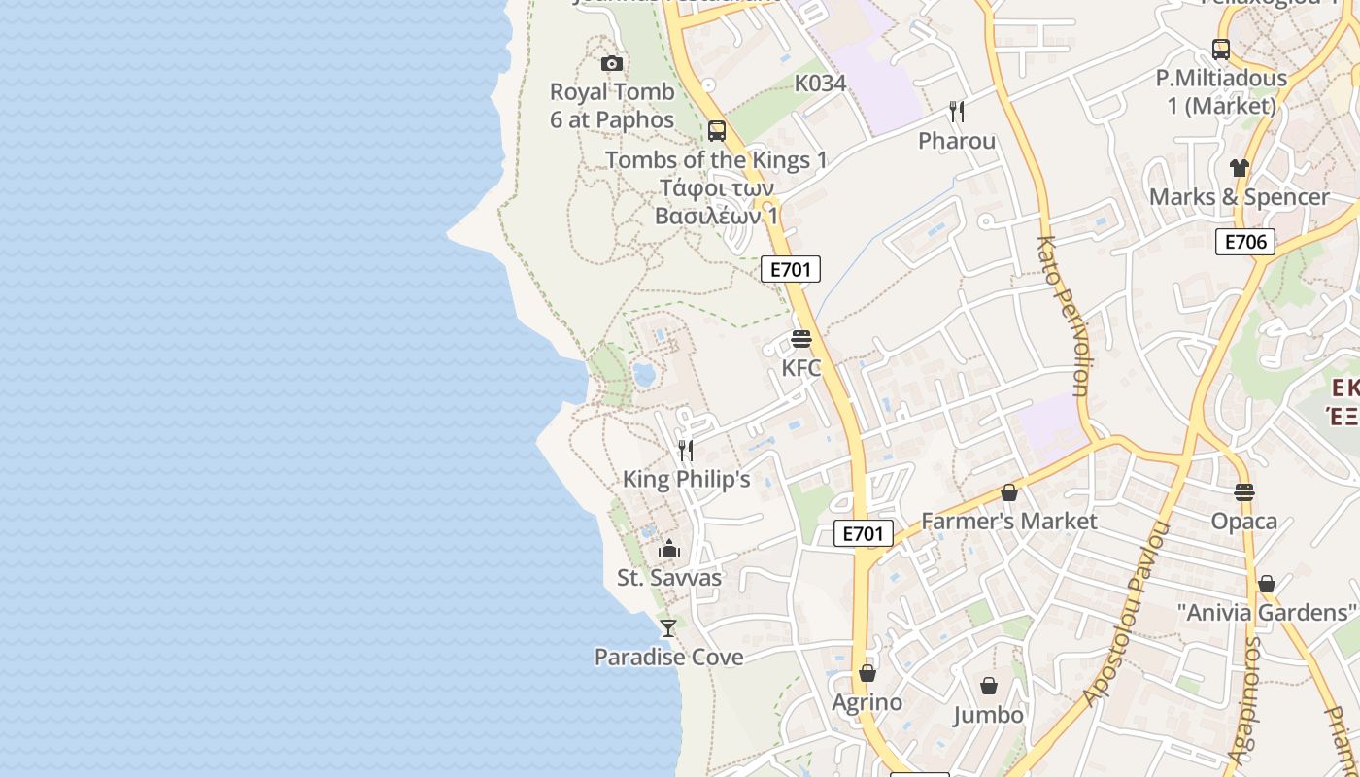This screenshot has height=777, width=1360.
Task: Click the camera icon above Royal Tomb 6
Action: [612, 64]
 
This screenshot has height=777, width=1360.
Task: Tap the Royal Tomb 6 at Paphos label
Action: [612, 106]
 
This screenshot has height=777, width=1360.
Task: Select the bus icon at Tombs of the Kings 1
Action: [717, 130]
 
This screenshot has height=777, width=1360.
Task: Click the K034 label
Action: [821, 84]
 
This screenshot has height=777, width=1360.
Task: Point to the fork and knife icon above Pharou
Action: [957, 112]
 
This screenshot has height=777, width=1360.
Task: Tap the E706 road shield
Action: [1245, 242]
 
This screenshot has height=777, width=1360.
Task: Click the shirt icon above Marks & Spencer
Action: [1239, 168]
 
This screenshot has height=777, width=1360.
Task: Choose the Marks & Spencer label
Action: [1239, 197]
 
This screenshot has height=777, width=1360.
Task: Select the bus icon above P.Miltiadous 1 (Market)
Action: [1221, 49]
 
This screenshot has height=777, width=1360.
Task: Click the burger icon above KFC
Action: [801, 339]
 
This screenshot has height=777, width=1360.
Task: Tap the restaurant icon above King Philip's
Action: [686, 450]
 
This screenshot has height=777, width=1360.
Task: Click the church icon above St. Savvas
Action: [668, 550]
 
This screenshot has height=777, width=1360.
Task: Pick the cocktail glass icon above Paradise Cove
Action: [668, 628]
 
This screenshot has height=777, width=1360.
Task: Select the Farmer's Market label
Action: [1009, 522]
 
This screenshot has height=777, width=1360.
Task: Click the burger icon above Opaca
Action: [1244, 491]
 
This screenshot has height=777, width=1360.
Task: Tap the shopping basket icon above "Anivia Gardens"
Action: [1267, 584]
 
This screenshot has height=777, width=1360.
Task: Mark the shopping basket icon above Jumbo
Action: [989, 687]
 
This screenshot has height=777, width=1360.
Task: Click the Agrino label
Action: [867, 702]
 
